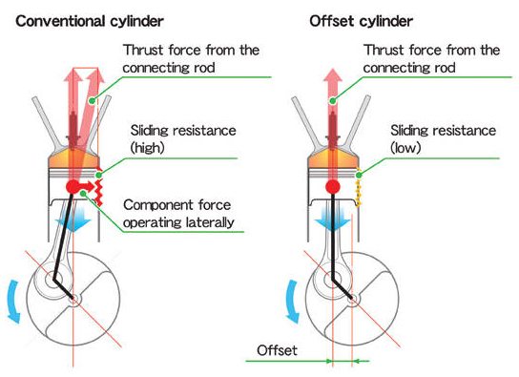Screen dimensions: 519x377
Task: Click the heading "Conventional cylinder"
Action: [90, 22]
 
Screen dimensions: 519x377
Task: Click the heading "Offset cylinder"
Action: [362, 22]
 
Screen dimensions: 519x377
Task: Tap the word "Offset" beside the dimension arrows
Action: [277, 350]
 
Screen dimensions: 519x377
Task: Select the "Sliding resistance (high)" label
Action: [183, 139]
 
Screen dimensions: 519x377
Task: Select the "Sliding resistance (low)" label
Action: [444, 139]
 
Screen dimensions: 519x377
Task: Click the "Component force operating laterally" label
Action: [178, 214]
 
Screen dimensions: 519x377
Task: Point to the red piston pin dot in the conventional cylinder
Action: [73, 187]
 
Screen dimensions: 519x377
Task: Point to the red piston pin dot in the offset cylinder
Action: [333, 187]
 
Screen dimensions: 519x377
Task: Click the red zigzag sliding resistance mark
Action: [98, 193]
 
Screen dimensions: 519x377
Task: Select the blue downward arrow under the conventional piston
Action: [73, 220]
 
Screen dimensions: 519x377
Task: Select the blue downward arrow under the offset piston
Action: [333, 220]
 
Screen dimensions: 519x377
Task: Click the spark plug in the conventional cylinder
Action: [73, 129]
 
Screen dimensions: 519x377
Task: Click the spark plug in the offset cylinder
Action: [333, 129]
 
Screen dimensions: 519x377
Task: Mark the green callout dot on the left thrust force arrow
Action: [93, 100]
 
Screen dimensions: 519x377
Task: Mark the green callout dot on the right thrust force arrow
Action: [333, 101]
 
